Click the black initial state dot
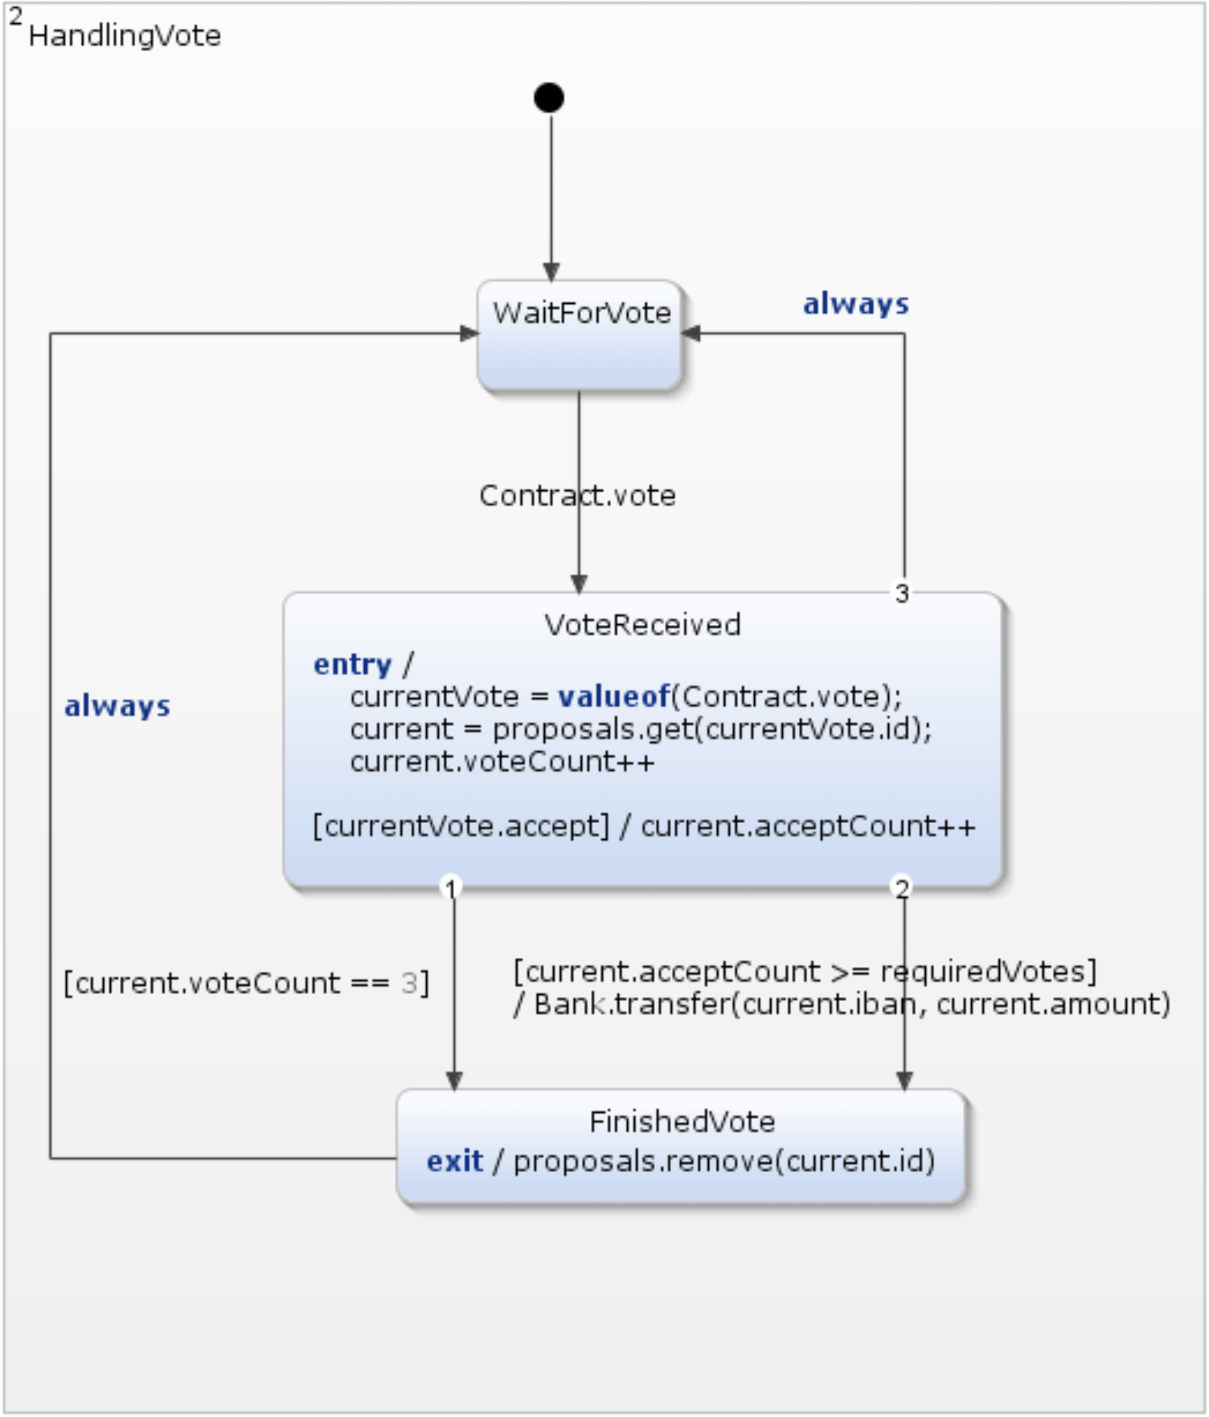tap(549, 98)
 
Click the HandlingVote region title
tap(124, 36)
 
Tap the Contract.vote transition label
tap(577, 496)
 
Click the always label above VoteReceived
tap(855, 304)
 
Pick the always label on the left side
tap(117, 706)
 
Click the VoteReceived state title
tap(642, 624)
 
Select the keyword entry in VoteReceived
tap(352, 664)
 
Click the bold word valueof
tap(614, 696)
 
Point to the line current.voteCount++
tap(501, 761)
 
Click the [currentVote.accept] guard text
tap(461, 826)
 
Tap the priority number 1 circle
tap(450, 888)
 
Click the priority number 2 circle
tap(902, 888)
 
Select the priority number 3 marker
tap(902, 593)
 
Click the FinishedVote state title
tap(682, 1122)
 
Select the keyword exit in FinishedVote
tap(454, 1161)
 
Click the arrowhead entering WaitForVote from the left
tap(469, 333)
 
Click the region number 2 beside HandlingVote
tap(15, 15)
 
